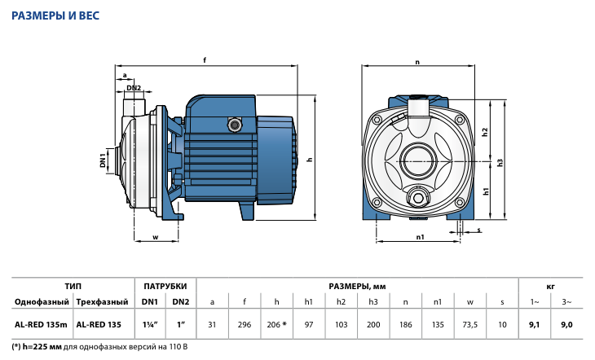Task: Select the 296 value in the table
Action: click(244, 324)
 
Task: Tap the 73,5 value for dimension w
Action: click(469, 324)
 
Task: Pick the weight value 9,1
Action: click(535, 324)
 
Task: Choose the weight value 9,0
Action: click(568, 324)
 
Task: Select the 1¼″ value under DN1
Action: click(150, 324)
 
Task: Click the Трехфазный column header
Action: click(99, 302)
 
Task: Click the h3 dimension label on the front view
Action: click(501, 161)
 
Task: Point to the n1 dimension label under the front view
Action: click(418, 238)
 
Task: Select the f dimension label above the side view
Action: click(205, 60)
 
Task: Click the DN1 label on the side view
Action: click(104, 160)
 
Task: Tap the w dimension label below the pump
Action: click(155, 238)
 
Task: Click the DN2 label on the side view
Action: click(134, 88)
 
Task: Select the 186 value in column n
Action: click(405, 324)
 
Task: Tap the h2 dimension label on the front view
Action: click(484, 132)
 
